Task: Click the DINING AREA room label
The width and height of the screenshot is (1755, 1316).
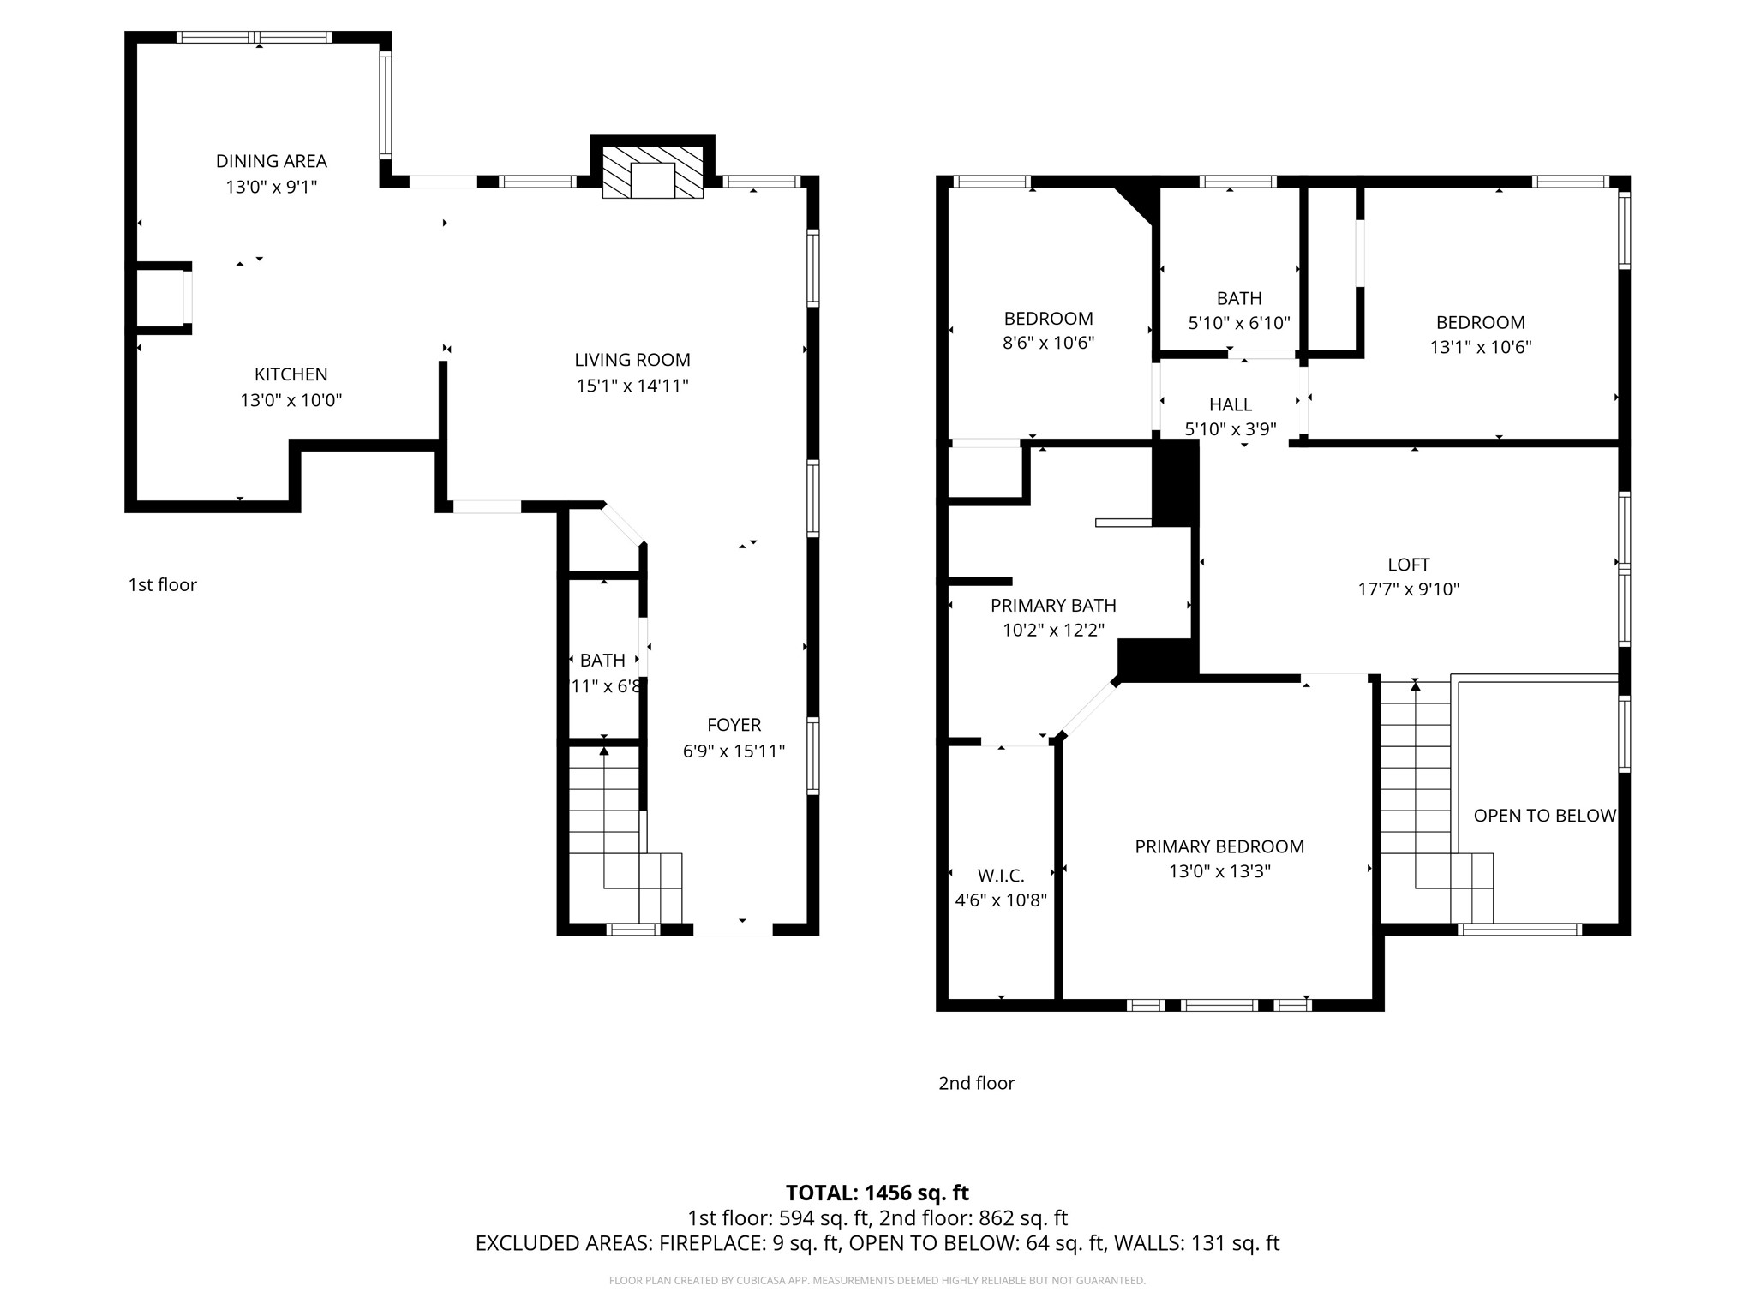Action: [271, 161]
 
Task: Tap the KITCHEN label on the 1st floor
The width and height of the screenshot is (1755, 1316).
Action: [291, 374]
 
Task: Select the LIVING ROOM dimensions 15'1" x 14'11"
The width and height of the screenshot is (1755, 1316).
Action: [632, 386]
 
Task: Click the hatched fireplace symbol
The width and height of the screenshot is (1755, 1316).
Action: [653, 172]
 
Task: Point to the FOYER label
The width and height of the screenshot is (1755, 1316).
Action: [734, 725]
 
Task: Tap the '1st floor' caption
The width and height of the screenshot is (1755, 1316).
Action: [163, 585]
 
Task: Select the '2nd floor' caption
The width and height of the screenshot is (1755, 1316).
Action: [976, 1083]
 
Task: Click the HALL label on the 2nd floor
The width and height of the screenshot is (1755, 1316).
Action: [1231, 404]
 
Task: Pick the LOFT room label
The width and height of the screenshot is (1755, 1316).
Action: [1409, 565]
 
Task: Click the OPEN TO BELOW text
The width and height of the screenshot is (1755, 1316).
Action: [1544, 816]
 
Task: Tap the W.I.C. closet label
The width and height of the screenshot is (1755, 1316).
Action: [1001, 876]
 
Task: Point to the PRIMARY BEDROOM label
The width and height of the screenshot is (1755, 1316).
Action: [1219, 846]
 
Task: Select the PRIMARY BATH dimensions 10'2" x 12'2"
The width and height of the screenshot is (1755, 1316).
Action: [1053, 631]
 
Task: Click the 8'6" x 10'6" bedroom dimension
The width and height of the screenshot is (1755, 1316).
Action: [1049, 344]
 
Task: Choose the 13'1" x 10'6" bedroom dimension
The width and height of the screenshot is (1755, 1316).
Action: [1481, 347]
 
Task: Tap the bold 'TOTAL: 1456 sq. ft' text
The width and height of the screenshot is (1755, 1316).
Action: [877, 1193]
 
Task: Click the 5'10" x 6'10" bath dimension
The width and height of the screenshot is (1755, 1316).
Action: [1239, 323]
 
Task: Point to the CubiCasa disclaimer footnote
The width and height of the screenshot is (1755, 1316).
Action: [877, 1281]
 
